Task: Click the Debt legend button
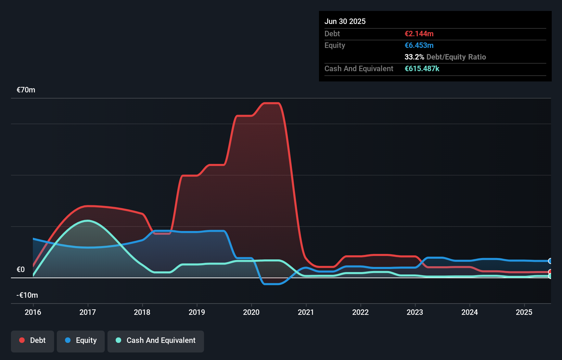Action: coord(33,340)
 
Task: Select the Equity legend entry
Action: coord(81,340)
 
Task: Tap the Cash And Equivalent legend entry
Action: coord(156,340)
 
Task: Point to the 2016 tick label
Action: coord(33,312)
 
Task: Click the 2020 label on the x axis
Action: coord(251,312)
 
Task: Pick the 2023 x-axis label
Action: coord(415,312)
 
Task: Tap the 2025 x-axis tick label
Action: coord(524,312)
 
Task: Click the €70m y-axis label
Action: coord(26,90)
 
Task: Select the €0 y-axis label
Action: coord(21,270)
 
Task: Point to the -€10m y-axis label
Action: coord(27,295)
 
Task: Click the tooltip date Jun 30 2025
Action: coord(345,22)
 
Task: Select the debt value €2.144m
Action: coord(419,34)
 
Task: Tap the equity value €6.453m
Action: coord(419,46)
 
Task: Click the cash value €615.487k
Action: coord(422,69)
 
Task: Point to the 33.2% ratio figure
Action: coord(414,57)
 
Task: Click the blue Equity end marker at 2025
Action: coord(550,261)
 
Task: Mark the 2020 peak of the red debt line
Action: coord(272,103)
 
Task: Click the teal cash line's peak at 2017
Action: coord(88,221)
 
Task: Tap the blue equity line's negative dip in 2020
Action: coord(272,284)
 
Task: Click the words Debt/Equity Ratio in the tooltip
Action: coord(456,57)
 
